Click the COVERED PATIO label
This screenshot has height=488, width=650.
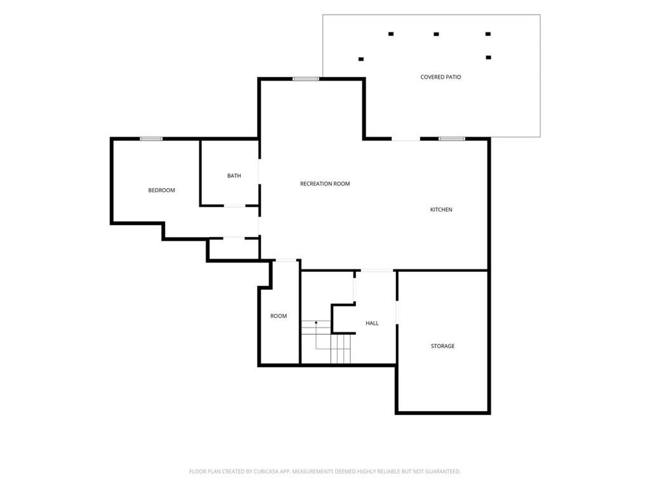(441, 77)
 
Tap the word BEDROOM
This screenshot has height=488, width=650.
(161, 190)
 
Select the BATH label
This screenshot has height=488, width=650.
(234, 175)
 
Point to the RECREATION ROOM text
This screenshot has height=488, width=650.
(324, 184)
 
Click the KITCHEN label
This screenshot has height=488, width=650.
(441, 210)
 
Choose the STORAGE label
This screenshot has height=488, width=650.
(442, 346)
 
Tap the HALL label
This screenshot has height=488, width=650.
(372, 323)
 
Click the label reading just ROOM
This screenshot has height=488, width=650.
(278, 316)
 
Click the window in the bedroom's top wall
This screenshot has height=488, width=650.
(151, 139)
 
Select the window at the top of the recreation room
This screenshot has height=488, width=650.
(306, 79)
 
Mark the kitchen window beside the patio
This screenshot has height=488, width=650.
(452, 139)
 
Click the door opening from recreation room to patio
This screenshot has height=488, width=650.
(406, 139)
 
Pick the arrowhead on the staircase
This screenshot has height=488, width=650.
(316, 322)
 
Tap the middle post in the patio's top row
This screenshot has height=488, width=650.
(436, 34)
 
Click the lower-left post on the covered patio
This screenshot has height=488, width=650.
(361, 59)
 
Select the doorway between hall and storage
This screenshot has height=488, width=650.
(397, 312)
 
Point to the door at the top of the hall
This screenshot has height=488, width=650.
(377, 271)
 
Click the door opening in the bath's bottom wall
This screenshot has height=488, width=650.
(235, 205)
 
